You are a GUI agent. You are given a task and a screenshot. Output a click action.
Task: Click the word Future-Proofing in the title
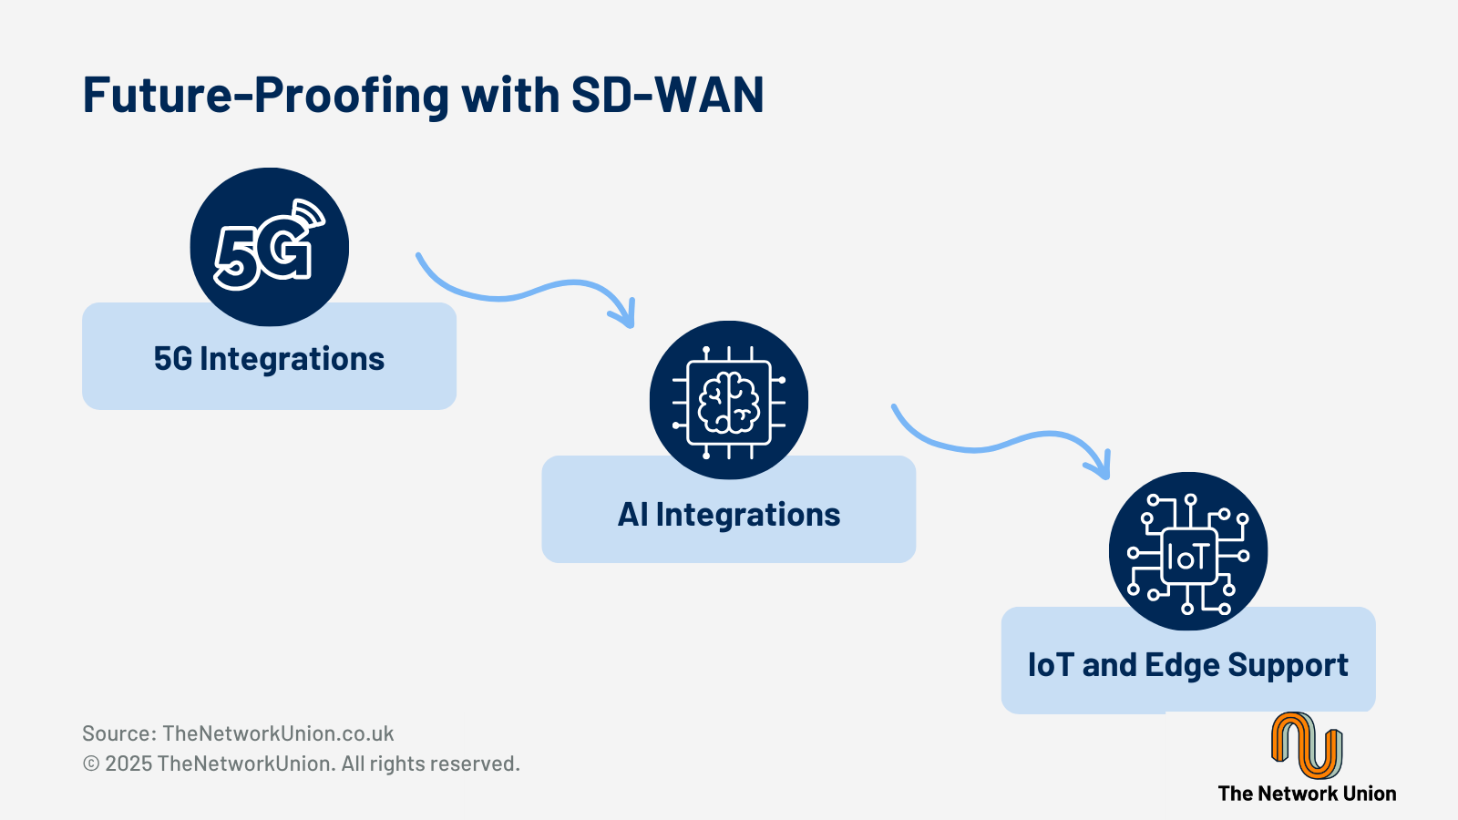click(x=265, y=95)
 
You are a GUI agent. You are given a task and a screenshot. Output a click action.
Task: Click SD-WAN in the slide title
click(x=667, y=95)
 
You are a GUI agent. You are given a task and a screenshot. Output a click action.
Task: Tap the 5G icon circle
click(x=269, y=247)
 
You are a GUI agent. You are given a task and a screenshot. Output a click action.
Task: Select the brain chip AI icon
click(x=728, y=400)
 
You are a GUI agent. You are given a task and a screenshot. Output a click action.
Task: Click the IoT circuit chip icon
click(x=1187, y=551)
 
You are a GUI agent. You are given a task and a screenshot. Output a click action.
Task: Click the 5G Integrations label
click(x=269, y=359)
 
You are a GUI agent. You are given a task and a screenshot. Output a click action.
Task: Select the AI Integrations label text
click(x=729, y=515)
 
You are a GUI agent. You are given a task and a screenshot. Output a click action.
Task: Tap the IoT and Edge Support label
click(x=1187, y=665)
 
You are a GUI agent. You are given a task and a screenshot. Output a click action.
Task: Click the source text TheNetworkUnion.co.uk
click(x=278, y=733)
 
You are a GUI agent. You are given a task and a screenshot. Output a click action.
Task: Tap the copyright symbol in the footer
click(x=91, y=764)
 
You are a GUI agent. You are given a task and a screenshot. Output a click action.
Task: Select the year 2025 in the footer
click(x=128, y=764)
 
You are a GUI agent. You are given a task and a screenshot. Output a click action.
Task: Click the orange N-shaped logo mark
click(x=1306, y=745)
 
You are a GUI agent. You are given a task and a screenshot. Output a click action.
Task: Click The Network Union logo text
click(x=1307, y=794)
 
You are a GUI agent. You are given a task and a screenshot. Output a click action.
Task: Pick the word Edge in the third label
click(x=1181, y=666)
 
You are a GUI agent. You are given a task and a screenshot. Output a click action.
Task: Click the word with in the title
click(x=509, y=95)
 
